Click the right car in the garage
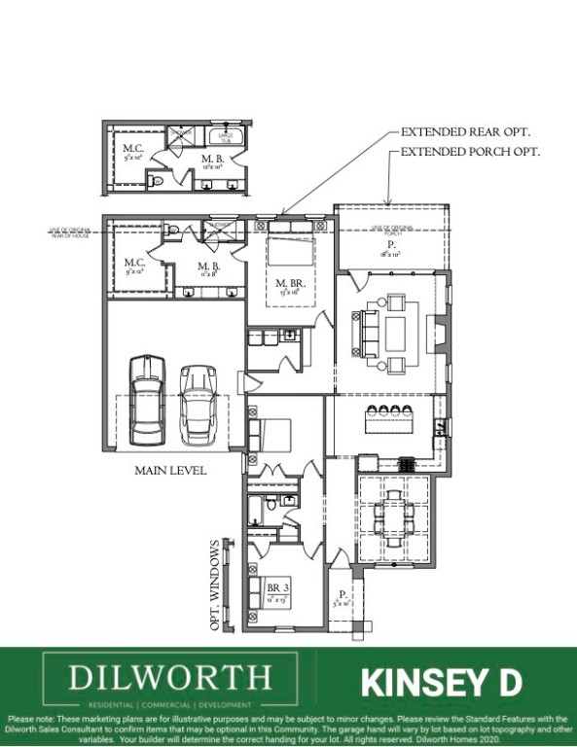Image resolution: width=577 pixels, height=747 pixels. tap(198, 401)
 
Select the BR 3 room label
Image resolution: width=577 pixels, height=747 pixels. tap(278, 588)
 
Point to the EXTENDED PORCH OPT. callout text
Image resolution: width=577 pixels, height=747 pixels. tap(470, 153)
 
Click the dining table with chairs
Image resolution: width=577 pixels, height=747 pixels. tap(394, 511)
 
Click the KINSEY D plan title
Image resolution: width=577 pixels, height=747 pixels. tap(441, 683)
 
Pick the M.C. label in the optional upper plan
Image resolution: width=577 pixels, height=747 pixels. tap(132, 150)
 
